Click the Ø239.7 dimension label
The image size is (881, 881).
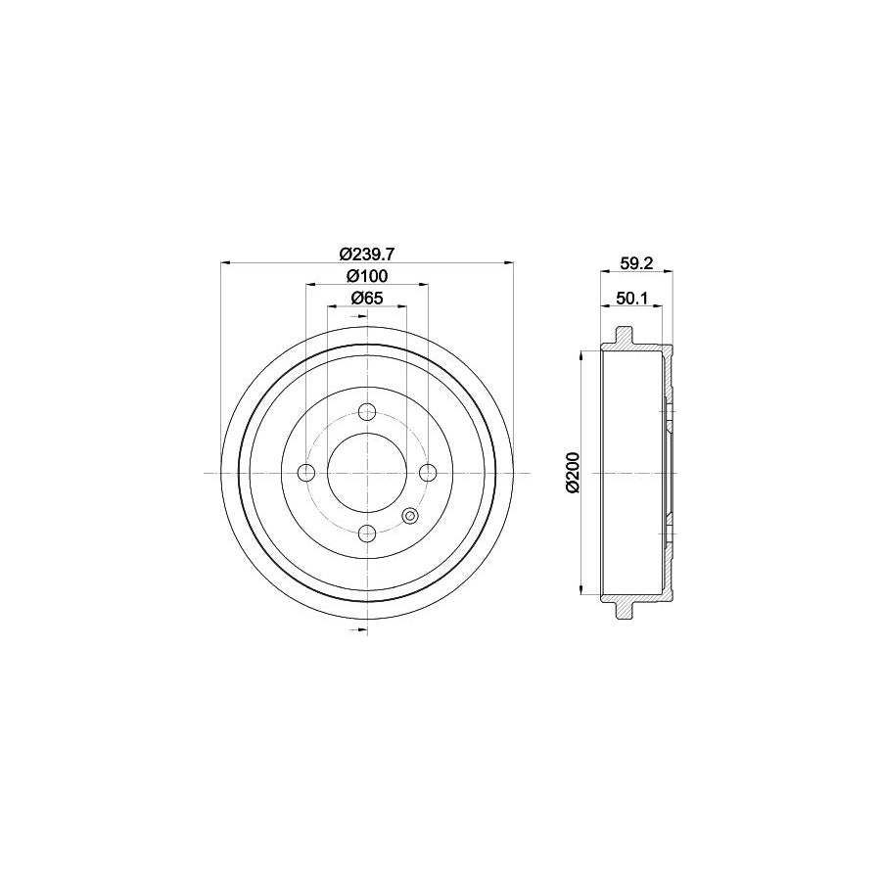click(367, 252)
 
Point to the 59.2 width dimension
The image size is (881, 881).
click(636, 261)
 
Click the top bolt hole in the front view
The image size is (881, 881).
click(367, 412)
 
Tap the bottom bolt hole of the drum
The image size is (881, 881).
click(367, 533)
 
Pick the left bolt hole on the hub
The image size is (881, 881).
click(306, 473)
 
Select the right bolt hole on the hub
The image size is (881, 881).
click(428, 473)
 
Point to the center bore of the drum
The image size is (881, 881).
click(367, 473)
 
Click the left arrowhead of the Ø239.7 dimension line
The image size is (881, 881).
click(227, 262)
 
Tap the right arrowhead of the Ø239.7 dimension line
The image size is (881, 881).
click(507, 262)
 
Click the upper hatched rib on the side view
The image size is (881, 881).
click(623, 337)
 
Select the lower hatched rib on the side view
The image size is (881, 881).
click(623, 609)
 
